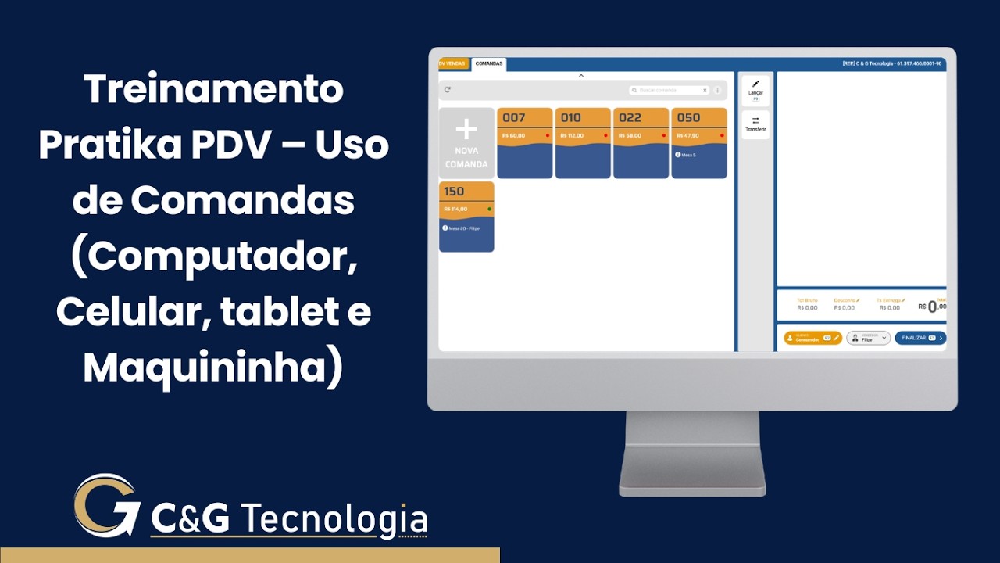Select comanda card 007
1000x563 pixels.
pos(524,143)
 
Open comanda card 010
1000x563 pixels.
pos(582,143)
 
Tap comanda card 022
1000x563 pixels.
pos(641,143)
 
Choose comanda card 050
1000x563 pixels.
pos(698,143)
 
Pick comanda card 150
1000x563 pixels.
pos(466,217)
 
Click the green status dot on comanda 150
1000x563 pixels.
pos(489,209)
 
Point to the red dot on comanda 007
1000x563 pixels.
pos(547,135)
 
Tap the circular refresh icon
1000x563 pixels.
pos(448,90)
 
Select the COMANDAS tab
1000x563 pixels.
pos(488,63)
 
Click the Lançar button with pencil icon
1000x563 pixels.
pos(755,90)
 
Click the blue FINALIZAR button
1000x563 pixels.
pos(920,338)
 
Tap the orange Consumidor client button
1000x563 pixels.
pos(812,338)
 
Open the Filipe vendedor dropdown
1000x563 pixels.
pos(868,338)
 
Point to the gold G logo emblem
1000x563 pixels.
pos(105,506)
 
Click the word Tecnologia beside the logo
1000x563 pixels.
pos(334,519)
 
